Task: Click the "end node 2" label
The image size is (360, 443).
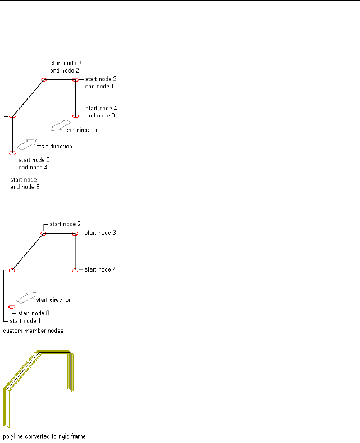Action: [65, 71]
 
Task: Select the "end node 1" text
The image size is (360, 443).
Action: [99, 87]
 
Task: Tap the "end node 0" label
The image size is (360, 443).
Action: [101, 116]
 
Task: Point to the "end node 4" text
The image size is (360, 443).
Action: [33, 167]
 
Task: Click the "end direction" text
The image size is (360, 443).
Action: [82, 130]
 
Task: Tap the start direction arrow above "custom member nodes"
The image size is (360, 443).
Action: [26, 297]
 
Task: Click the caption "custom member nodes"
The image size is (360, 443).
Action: [33, 331]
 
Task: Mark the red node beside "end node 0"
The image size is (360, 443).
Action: [75, 116]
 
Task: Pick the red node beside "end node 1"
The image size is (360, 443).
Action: [75, 80]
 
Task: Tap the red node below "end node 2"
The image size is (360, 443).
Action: [44, 80]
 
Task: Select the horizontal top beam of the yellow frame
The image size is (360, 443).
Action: [54, 353]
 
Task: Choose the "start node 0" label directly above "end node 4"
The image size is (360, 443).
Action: [34, 160]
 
